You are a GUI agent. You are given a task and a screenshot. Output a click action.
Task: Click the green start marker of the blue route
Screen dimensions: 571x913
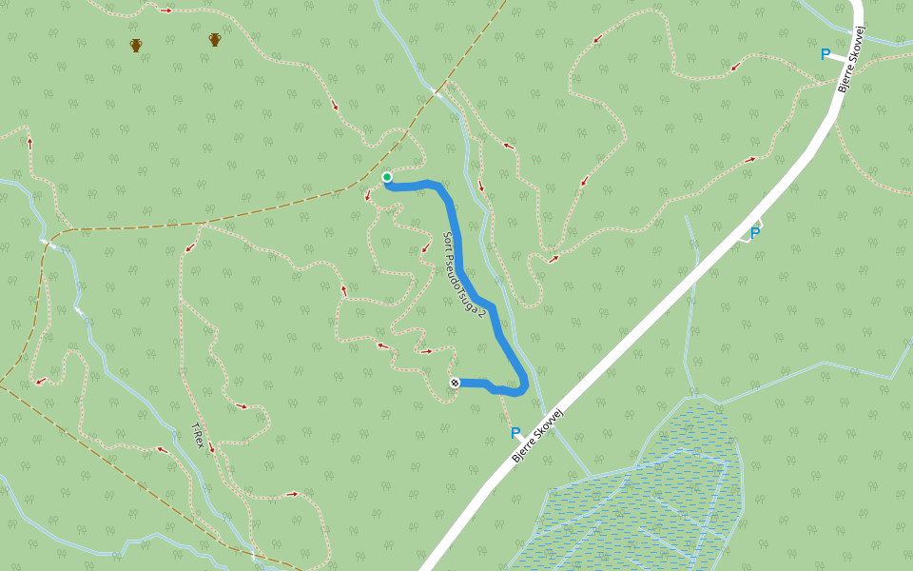(x=387, y=177)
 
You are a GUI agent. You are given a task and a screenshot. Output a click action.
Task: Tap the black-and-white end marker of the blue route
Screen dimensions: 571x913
(x=455, y=383)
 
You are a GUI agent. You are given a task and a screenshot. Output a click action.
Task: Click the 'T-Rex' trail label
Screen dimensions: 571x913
(x=197, y=435)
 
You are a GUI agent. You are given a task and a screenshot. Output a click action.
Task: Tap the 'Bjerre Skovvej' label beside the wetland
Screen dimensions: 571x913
(x=538, y=435)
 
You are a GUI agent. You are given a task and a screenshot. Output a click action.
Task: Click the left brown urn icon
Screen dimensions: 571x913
(x=136, y=45)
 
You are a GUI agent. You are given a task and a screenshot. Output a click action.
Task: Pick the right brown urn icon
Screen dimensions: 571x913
(x=215, y=39)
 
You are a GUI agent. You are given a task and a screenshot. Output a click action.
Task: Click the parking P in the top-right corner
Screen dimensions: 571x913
(x=826, y=54)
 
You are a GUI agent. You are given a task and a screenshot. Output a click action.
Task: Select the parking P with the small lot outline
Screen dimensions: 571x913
(x=755, y=232)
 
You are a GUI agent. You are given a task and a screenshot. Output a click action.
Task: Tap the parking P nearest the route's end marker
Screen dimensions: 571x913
(x=515, y=433)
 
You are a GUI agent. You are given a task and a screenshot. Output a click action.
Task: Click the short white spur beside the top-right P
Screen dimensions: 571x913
(x=837, y=57)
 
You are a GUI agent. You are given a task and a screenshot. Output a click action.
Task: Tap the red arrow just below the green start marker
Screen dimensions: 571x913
(x=368, y=196)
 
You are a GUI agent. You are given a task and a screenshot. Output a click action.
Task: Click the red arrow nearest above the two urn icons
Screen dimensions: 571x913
(x=166, y=10)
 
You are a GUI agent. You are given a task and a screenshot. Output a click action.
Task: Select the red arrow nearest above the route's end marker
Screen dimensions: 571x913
(x=426, y=351)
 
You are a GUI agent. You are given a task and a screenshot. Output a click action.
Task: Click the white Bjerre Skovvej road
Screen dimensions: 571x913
(x=666, y=295)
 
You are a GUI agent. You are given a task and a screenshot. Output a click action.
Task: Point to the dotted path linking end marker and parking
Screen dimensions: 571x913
(x=505, y=407)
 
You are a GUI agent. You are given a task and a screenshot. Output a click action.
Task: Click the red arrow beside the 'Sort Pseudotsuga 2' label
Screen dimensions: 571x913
(x=425, y=249)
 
